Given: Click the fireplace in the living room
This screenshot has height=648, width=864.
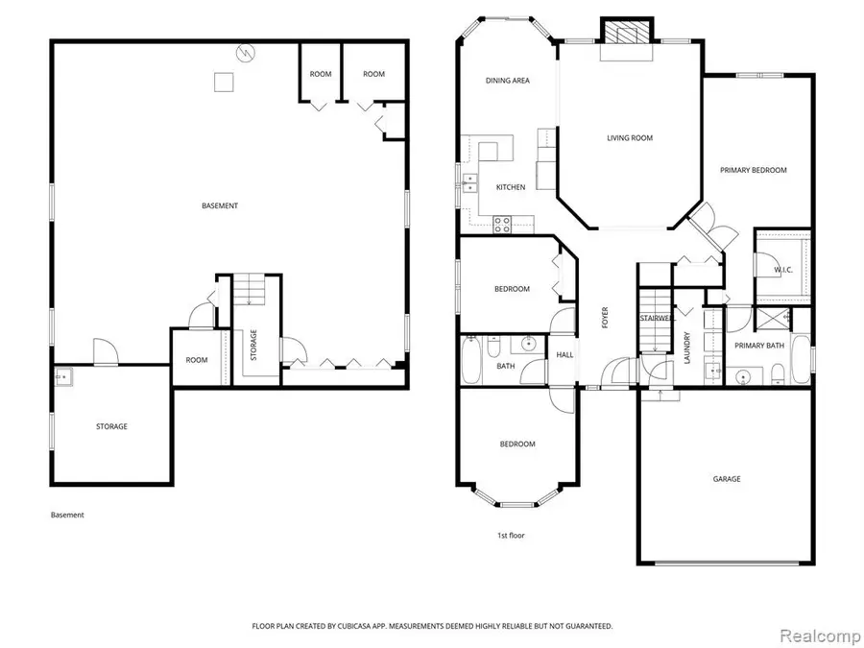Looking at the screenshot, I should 625,33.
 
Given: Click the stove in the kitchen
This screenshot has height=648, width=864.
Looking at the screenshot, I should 502,224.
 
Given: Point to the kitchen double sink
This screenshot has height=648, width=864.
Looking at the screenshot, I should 470,182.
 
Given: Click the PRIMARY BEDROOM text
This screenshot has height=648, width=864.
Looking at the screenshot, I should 754,170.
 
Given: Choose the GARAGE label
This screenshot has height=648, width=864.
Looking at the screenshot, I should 726,478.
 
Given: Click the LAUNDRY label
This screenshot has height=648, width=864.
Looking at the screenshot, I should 687,343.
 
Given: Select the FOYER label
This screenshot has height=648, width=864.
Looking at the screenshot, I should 605,318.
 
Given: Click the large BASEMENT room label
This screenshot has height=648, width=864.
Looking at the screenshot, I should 220,205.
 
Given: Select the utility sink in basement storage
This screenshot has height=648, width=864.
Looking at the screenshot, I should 63,377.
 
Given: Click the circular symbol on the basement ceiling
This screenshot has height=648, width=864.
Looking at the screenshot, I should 247,53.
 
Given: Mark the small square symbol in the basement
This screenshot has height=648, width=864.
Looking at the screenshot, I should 224,83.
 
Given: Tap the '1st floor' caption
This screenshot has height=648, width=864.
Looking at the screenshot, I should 510,535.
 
